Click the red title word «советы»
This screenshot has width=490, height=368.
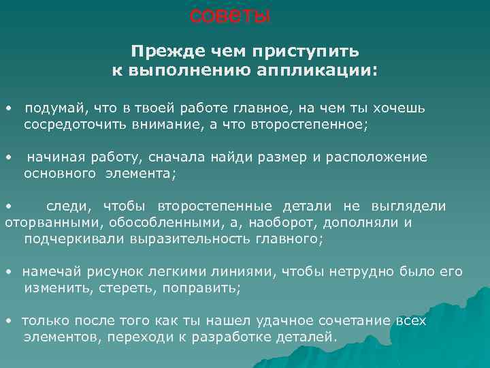[x=229, y=15]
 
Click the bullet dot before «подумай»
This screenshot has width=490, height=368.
[x=7, y=108]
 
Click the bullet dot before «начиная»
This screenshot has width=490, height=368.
[x=7, y=157]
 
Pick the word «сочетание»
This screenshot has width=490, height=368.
[x=361, y=321]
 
